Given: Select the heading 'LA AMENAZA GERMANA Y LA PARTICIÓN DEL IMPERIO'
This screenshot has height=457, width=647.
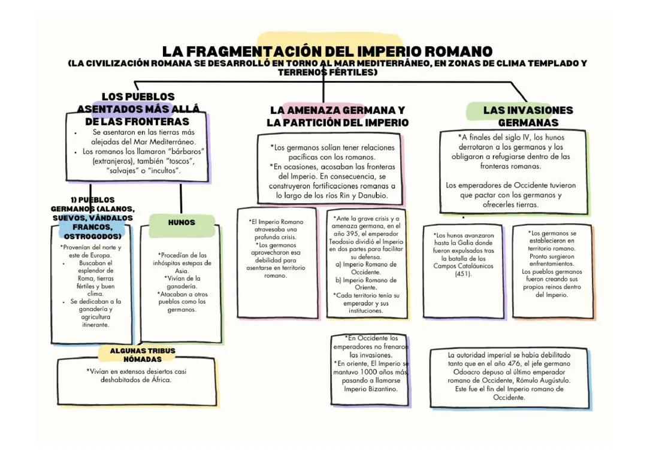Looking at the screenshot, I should point(337,116).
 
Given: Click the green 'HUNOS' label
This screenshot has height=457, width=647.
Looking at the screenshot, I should point(181,222).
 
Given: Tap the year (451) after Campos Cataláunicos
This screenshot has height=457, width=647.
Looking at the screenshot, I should point(463,274).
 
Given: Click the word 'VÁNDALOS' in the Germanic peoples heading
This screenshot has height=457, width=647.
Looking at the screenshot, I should point(109,218).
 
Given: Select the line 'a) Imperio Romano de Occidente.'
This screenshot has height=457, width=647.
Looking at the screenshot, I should point(365,268).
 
